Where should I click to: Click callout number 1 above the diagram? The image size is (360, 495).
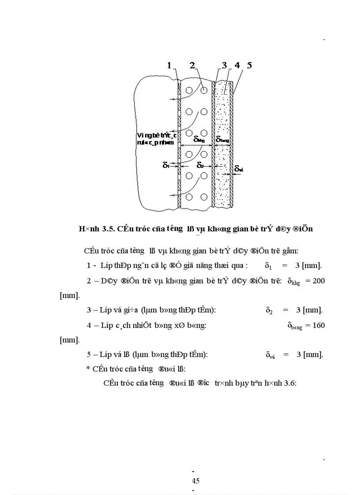click(x=169, y=66)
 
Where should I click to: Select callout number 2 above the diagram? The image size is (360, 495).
click(x=192, y=66)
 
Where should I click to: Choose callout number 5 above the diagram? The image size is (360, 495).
click(x=249, y=66)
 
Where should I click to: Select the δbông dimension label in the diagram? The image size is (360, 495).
click(x=223, y=139)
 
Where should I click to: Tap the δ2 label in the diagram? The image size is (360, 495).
click(x=200, y=166)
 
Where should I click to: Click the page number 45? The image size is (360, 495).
click(x=195, y=481)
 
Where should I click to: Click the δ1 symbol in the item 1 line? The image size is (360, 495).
click(x=268, y=266)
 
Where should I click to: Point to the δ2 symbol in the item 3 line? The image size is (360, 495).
click(x=269, y=310)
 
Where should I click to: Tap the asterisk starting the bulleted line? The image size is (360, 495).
click(x=88, y=368)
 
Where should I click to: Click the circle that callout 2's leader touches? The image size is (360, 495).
click(x=204, y=90)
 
